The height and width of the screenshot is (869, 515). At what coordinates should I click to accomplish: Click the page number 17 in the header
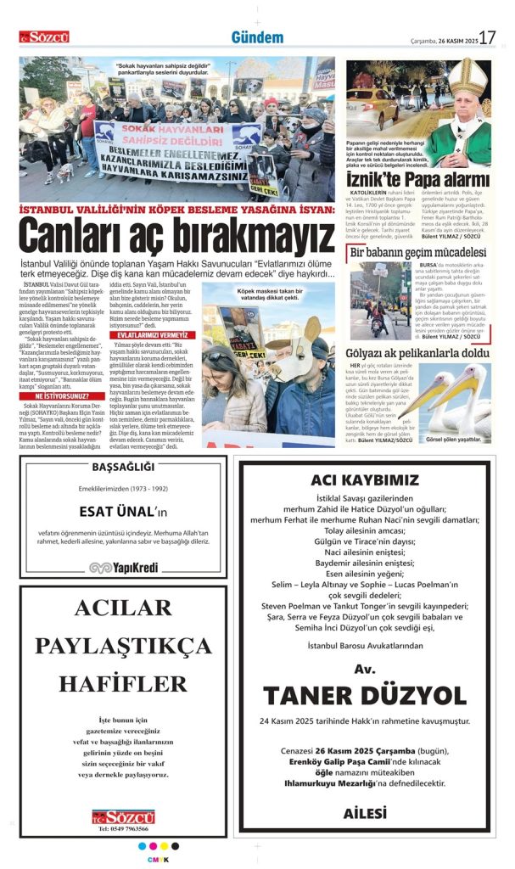[487, 37]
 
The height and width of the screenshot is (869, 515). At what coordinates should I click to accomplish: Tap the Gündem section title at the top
[257, 37]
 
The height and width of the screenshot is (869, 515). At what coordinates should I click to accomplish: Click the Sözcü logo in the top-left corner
[44, 37]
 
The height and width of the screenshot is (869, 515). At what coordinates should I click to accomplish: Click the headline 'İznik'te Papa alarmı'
[418, 180]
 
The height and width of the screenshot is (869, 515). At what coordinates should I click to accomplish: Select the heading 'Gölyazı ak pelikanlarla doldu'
[418, 352]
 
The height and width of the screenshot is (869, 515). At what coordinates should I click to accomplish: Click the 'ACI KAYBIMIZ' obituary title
[365, 479]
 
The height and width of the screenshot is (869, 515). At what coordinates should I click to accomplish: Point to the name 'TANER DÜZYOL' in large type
[365, 696]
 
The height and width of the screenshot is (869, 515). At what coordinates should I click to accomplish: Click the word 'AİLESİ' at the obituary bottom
[365, 813]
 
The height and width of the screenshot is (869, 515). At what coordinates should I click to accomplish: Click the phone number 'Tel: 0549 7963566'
[124, 828]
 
